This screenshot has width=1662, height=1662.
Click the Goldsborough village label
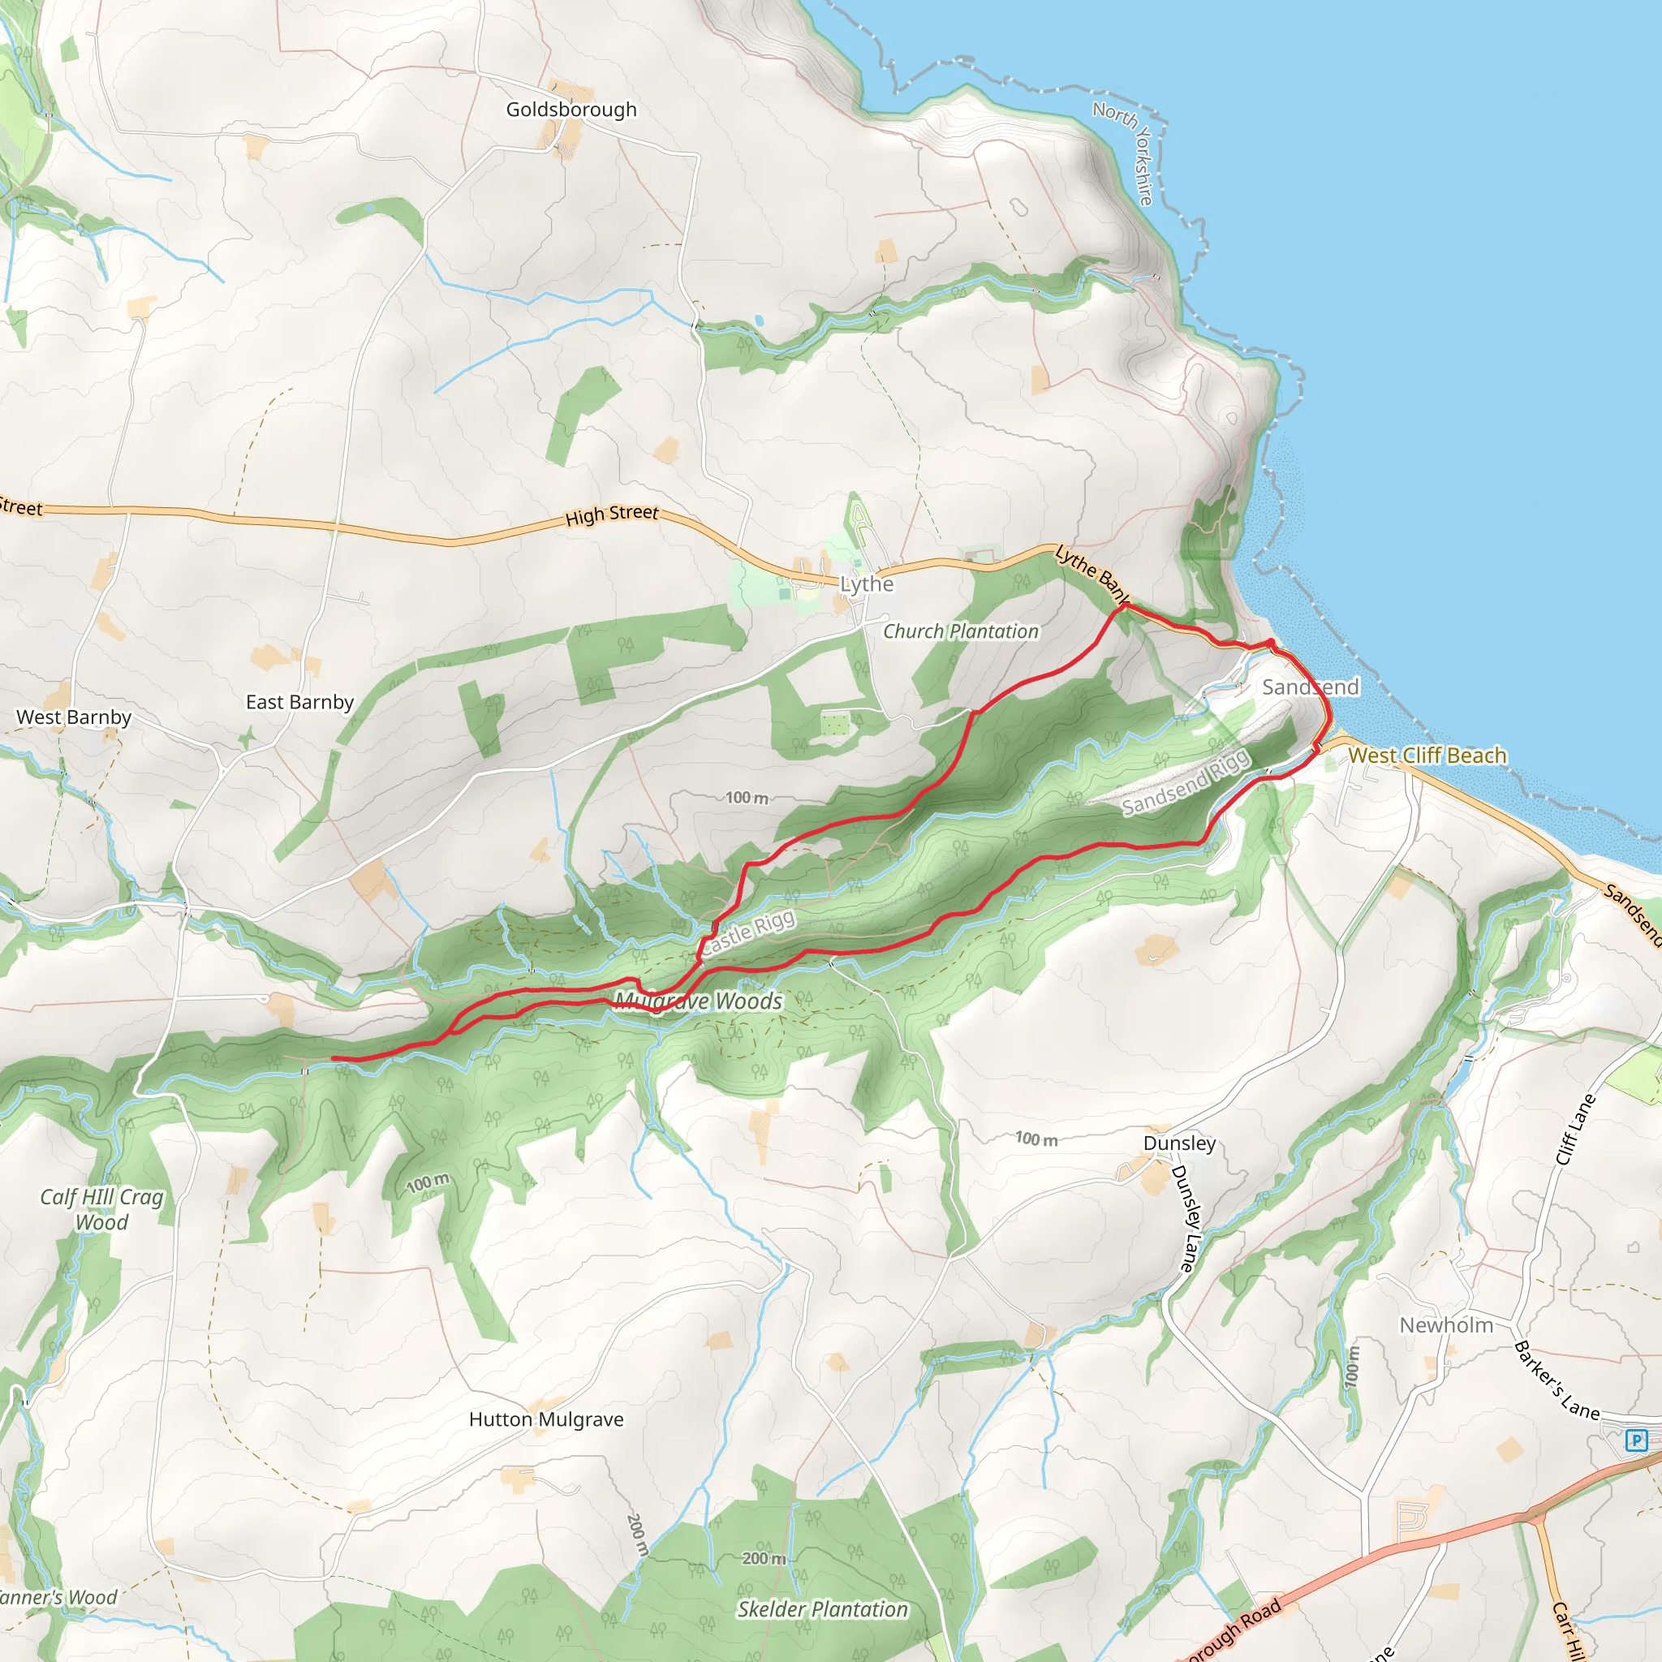[x=571, y=110]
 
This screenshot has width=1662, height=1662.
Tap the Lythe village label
[x=866, y=584]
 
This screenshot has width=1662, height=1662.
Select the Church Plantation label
[x=960, y=631]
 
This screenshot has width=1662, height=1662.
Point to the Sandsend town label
[x=1310, y=687]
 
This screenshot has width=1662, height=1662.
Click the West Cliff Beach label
[x=1427, y=756]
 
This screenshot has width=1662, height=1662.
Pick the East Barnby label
[x=299, y=702]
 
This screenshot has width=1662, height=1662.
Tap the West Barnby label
[x=74, y=717]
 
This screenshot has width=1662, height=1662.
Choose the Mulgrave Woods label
[x=698, y=1001]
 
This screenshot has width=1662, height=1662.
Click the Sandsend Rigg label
[x=1186, y=783]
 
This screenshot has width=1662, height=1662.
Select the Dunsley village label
[x=1179, y=1143]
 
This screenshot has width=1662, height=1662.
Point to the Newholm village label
[x=1446, y=1324]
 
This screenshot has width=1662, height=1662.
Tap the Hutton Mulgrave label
[x=546, y=1419]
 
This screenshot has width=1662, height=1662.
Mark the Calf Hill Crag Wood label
[x=101, y=1209]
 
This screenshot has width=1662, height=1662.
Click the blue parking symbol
[x=1636, y=1440]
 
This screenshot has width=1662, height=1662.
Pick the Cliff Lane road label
[x=1575, y=1130]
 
